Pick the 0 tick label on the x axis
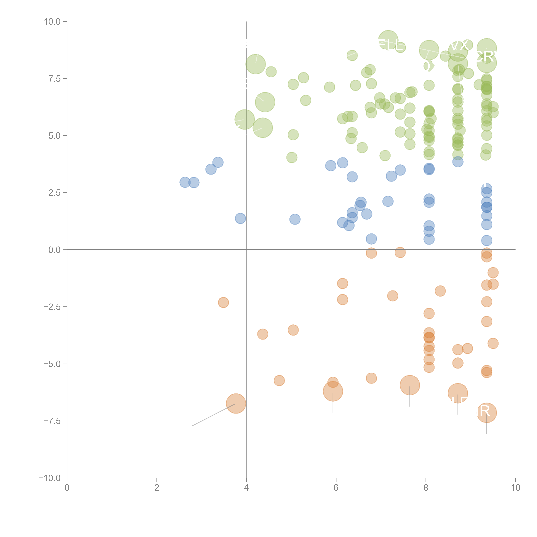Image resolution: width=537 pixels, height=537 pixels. [x=67, y=488]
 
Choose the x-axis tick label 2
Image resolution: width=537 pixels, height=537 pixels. [x=157, y=488]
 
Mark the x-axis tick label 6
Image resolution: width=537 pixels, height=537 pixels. [x=336, y=488]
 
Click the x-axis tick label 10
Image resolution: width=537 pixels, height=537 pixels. [x=515, y=488]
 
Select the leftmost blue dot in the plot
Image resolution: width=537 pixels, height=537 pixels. [x=185, y=182]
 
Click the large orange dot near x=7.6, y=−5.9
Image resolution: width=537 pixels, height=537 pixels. [x=410, y=385]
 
